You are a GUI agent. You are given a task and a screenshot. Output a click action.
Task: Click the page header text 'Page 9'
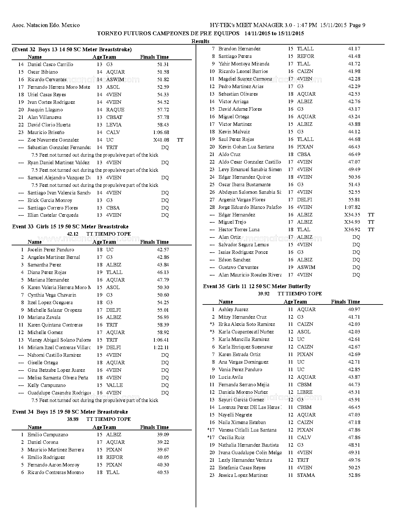click(x=357, y=25)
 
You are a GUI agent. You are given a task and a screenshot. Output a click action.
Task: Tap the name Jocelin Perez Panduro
click(x=51, y=250)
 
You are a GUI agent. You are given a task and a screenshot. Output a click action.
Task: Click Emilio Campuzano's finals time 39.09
click(x=163, y=435)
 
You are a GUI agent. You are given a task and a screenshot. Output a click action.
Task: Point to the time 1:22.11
click(x=161, y=348)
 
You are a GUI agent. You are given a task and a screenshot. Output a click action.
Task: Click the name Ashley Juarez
click(x=233, y=310)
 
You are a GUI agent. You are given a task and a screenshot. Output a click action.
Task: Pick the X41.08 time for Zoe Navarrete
click(x=161, y=140)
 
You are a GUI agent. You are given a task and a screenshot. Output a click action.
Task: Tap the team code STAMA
click(x=306, y=475)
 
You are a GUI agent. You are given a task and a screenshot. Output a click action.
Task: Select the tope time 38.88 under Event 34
click(x=73, y=419)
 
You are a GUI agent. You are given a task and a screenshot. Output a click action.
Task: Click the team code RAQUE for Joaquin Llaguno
click(x=115, y=110)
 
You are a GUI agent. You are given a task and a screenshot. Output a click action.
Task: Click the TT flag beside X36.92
click(x=371, y=230)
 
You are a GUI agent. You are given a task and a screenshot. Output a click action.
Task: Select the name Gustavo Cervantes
click(x=238, y=267)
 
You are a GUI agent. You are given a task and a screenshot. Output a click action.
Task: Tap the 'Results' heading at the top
click(x=200, y=41)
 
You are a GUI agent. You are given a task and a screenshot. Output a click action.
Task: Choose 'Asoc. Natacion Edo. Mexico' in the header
click(x=46, y=25)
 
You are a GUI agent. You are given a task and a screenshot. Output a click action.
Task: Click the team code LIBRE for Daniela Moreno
click(x=304, y=392)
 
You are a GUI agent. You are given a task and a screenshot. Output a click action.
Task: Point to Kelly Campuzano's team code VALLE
click(x=114, y=385)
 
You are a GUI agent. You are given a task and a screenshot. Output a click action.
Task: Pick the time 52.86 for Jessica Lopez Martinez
click(x=354, y=475)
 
